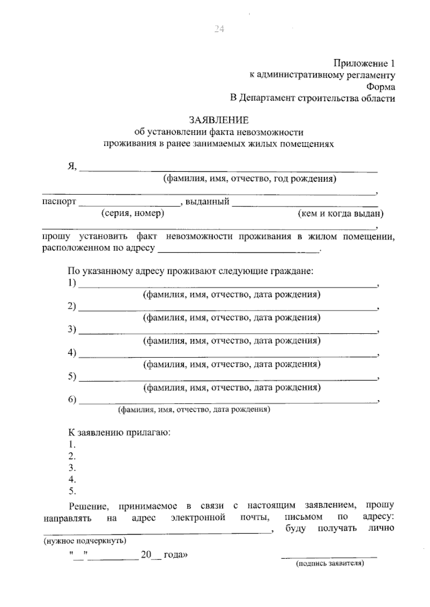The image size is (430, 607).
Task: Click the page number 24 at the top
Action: pyautogui.click(x=219, y=29)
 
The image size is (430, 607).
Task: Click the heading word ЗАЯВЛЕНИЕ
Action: pyautogui.click(x=219, y=120)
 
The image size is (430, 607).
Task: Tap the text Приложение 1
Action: pyautogui.click(x=364, y=63)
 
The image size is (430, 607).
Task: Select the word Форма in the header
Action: pyautogui.click(x=381, y=87)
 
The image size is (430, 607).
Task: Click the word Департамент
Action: pyautogui.click(x=267, y=98)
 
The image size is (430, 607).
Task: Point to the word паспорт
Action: pyautogui.click(x=59, y=201)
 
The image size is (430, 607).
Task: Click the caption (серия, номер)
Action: pyautogui.click(x=133, y=214)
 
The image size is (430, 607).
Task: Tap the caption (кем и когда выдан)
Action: pyautogui.click(x=340, y=214)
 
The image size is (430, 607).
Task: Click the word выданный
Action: pyautogui.click(x=207, y=202)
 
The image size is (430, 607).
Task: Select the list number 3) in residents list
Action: pyautogui.click(x=72, y=329)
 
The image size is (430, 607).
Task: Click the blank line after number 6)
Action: pyautogui.click(x=228, y=402)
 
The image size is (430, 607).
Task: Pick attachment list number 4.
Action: pyautogui.click(x=72, y=479)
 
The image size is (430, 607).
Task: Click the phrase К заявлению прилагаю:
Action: pyautogui.click(x=119, y=432)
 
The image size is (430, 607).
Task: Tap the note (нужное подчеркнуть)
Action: pyautogui.click(x=85, y=541)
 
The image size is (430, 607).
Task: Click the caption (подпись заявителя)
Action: pyautogui.click(x=330, y=564)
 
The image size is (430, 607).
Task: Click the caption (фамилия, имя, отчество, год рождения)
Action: pyautogui.click(x=250, y=178)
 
